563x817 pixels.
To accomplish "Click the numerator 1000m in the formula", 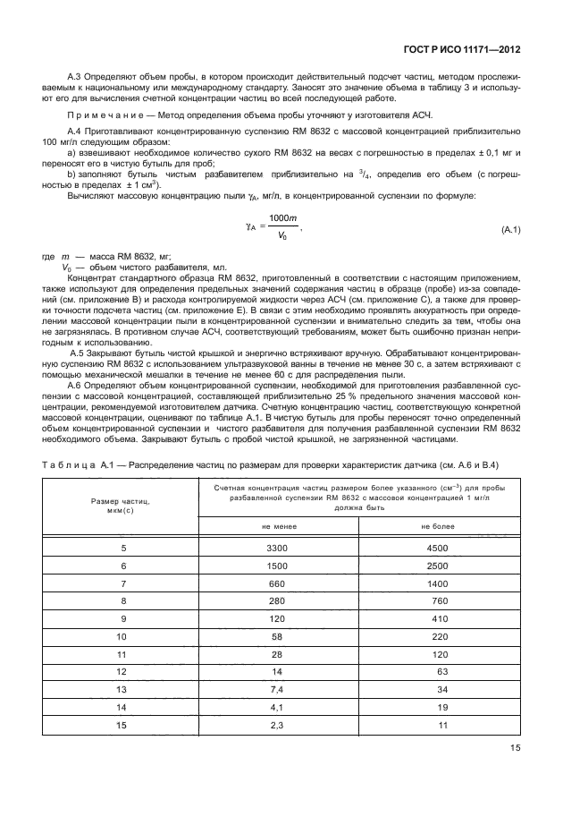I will coord(283,219).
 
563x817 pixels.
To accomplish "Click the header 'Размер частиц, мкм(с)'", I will coord(123,506).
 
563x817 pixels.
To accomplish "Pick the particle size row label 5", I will coord(123,548).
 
